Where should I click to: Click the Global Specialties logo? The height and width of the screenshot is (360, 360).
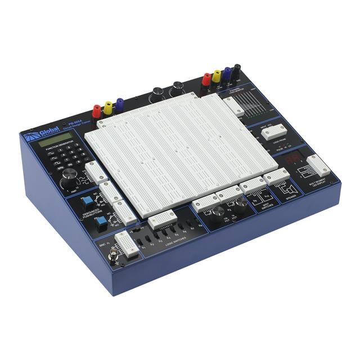click(x=40, y=134)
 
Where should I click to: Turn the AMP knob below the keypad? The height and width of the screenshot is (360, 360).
click(x=69, y=179)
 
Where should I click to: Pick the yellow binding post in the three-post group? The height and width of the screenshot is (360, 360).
click(x=109, y=107)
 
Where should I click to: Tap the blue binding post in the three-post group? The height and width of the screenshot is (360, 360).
click(x=119, y=104)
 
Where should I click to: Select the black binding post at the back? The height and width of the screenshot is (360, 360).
click(x=236, y=71)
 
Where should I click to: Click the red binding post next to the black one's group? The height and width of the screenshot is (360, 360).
click(x=206, y=79)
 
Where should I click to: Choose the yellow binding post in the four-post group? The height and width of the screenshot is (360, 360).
click(x=217, y=76)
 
